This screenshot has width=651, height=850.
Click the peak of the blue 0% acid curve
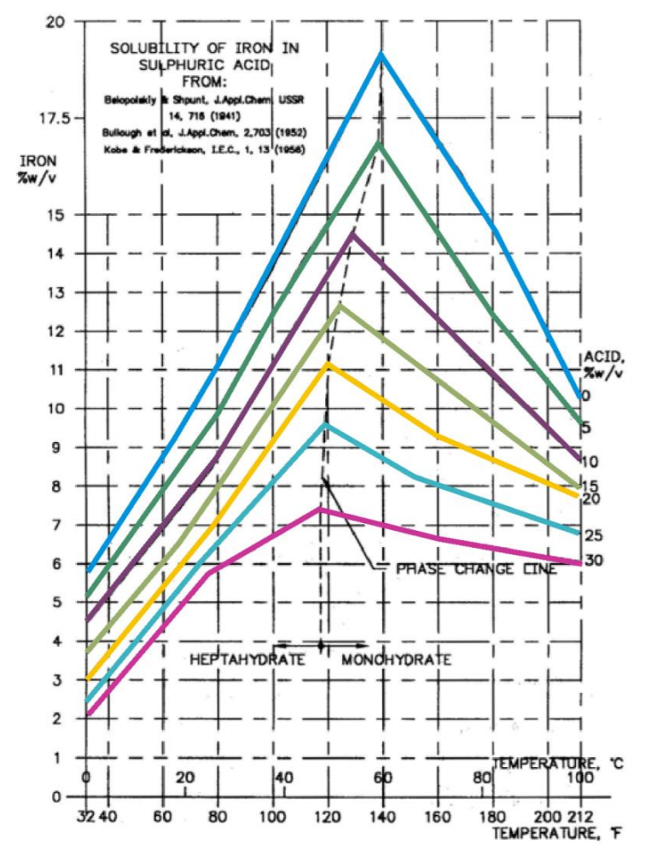(x=381, y=55)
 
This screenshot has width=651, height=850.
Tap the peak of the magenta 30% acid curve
(x=321, y=509)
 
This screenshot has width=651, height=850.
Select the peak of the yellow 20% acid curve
(x=328, y=364)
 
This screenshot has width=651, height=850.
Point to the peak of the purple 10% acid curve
(x=352, y=233)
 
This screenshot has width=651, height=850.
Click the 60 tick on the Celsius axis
(x=381, y=777)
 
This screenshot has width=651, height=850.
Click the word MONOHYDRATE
(x=396, y=660)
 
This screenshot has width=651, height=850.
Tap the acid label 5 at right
(x=586, y=428)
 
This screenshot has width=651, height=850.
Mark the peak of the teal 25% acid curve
(x=324, y=424)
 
